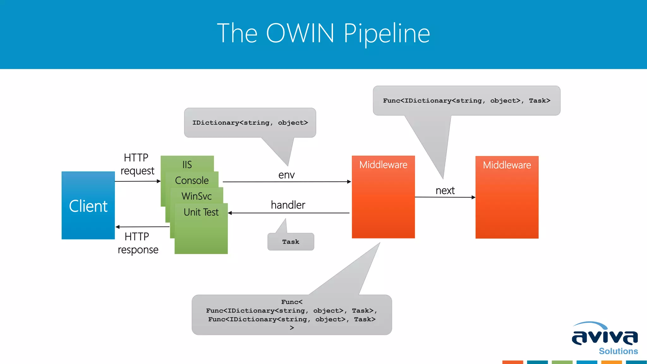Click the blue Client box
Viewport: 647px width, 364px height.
88,206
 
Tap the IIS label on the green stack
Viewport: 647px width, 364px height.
187,165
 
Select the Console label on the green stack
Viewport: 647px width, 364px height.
192,180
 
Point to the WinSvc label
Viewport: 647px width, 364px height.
197,196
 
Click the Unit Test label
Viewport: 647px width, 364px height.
201,212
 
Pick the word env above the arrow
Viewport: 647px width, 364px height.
286,175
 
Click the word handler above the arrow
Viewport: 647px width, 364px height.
288,205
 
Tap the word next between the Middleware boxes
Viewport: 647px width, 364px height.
445,191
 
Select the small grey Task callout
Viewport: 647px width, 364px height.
291,242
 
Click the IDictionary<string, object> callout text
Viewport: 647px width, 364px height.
250,123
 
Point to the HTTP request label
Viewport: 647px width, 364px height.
137,164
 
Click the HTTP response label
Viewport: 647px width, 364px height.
138,243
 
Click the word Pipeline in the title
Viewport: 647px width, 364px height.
387,33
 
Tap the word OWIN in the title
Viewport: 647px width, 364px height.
300,33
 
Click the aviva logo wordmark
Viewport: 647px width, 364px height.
605,337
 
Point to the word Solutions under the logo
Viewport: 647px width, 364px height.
618,351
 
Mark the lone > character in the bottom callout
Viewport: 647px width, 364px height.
292,328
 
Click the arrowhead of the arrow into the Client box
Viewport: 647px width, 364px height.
118,227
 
